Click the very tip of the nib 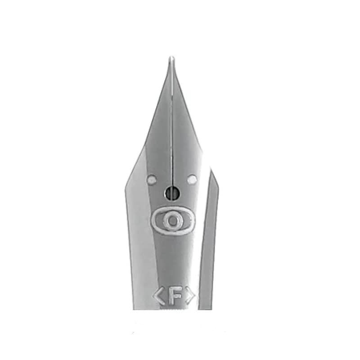(171, 57)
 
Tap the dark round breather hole (172, 192)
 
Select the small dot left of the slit (151, 179)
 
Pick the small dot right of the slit (192, 179)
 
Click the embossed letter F (175, 296)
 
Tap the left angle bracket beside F (158, 296)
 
